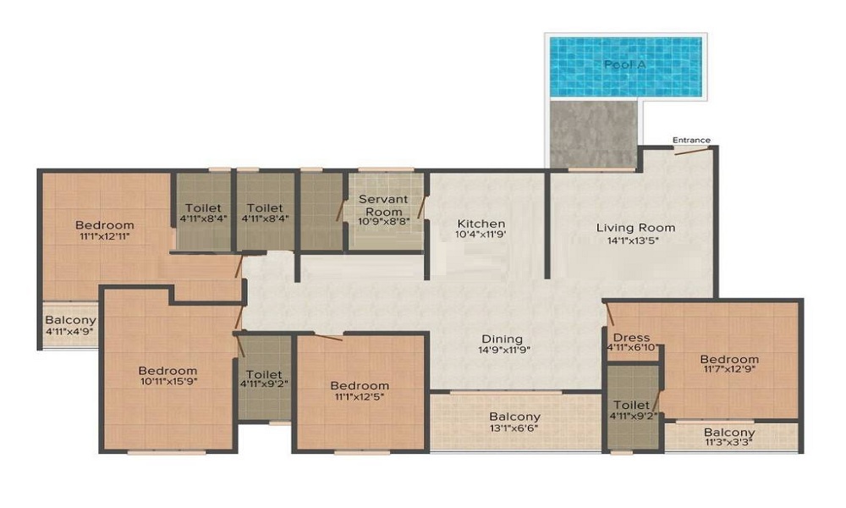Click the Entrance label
[x=691, y=141]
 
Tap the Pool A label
[x=625, y=65]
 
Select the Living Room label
[x=635, y=228]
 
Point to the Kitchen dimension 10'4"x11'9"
[x=481, y=235]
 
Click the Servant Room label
[x=383, y=205]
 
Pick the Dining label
[x=503, y=339]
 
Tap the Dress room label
[x=631, y=338]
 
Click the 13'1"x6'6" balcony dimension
[x=514, y=428]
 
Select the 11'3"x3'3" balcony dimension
[x=729, y=443]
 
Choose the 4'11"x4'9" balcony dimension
[x=70, y=331]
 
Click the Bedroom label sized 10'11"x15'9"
[x=168, y=371]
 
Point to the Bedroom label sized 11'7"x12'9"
[x=729, y=359]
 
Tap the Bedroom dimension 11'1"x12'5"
[x=360, y=397]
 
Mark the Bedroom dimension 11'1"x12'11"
[x=104, y=236]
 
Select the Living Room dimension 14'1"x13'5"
[x=635, y=240]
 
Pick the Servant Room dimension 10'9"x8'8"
[x=383, y=221]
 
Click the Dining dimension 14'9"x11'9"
[x=503, y=350]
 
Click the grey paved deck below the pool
[x=593, y=135]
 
